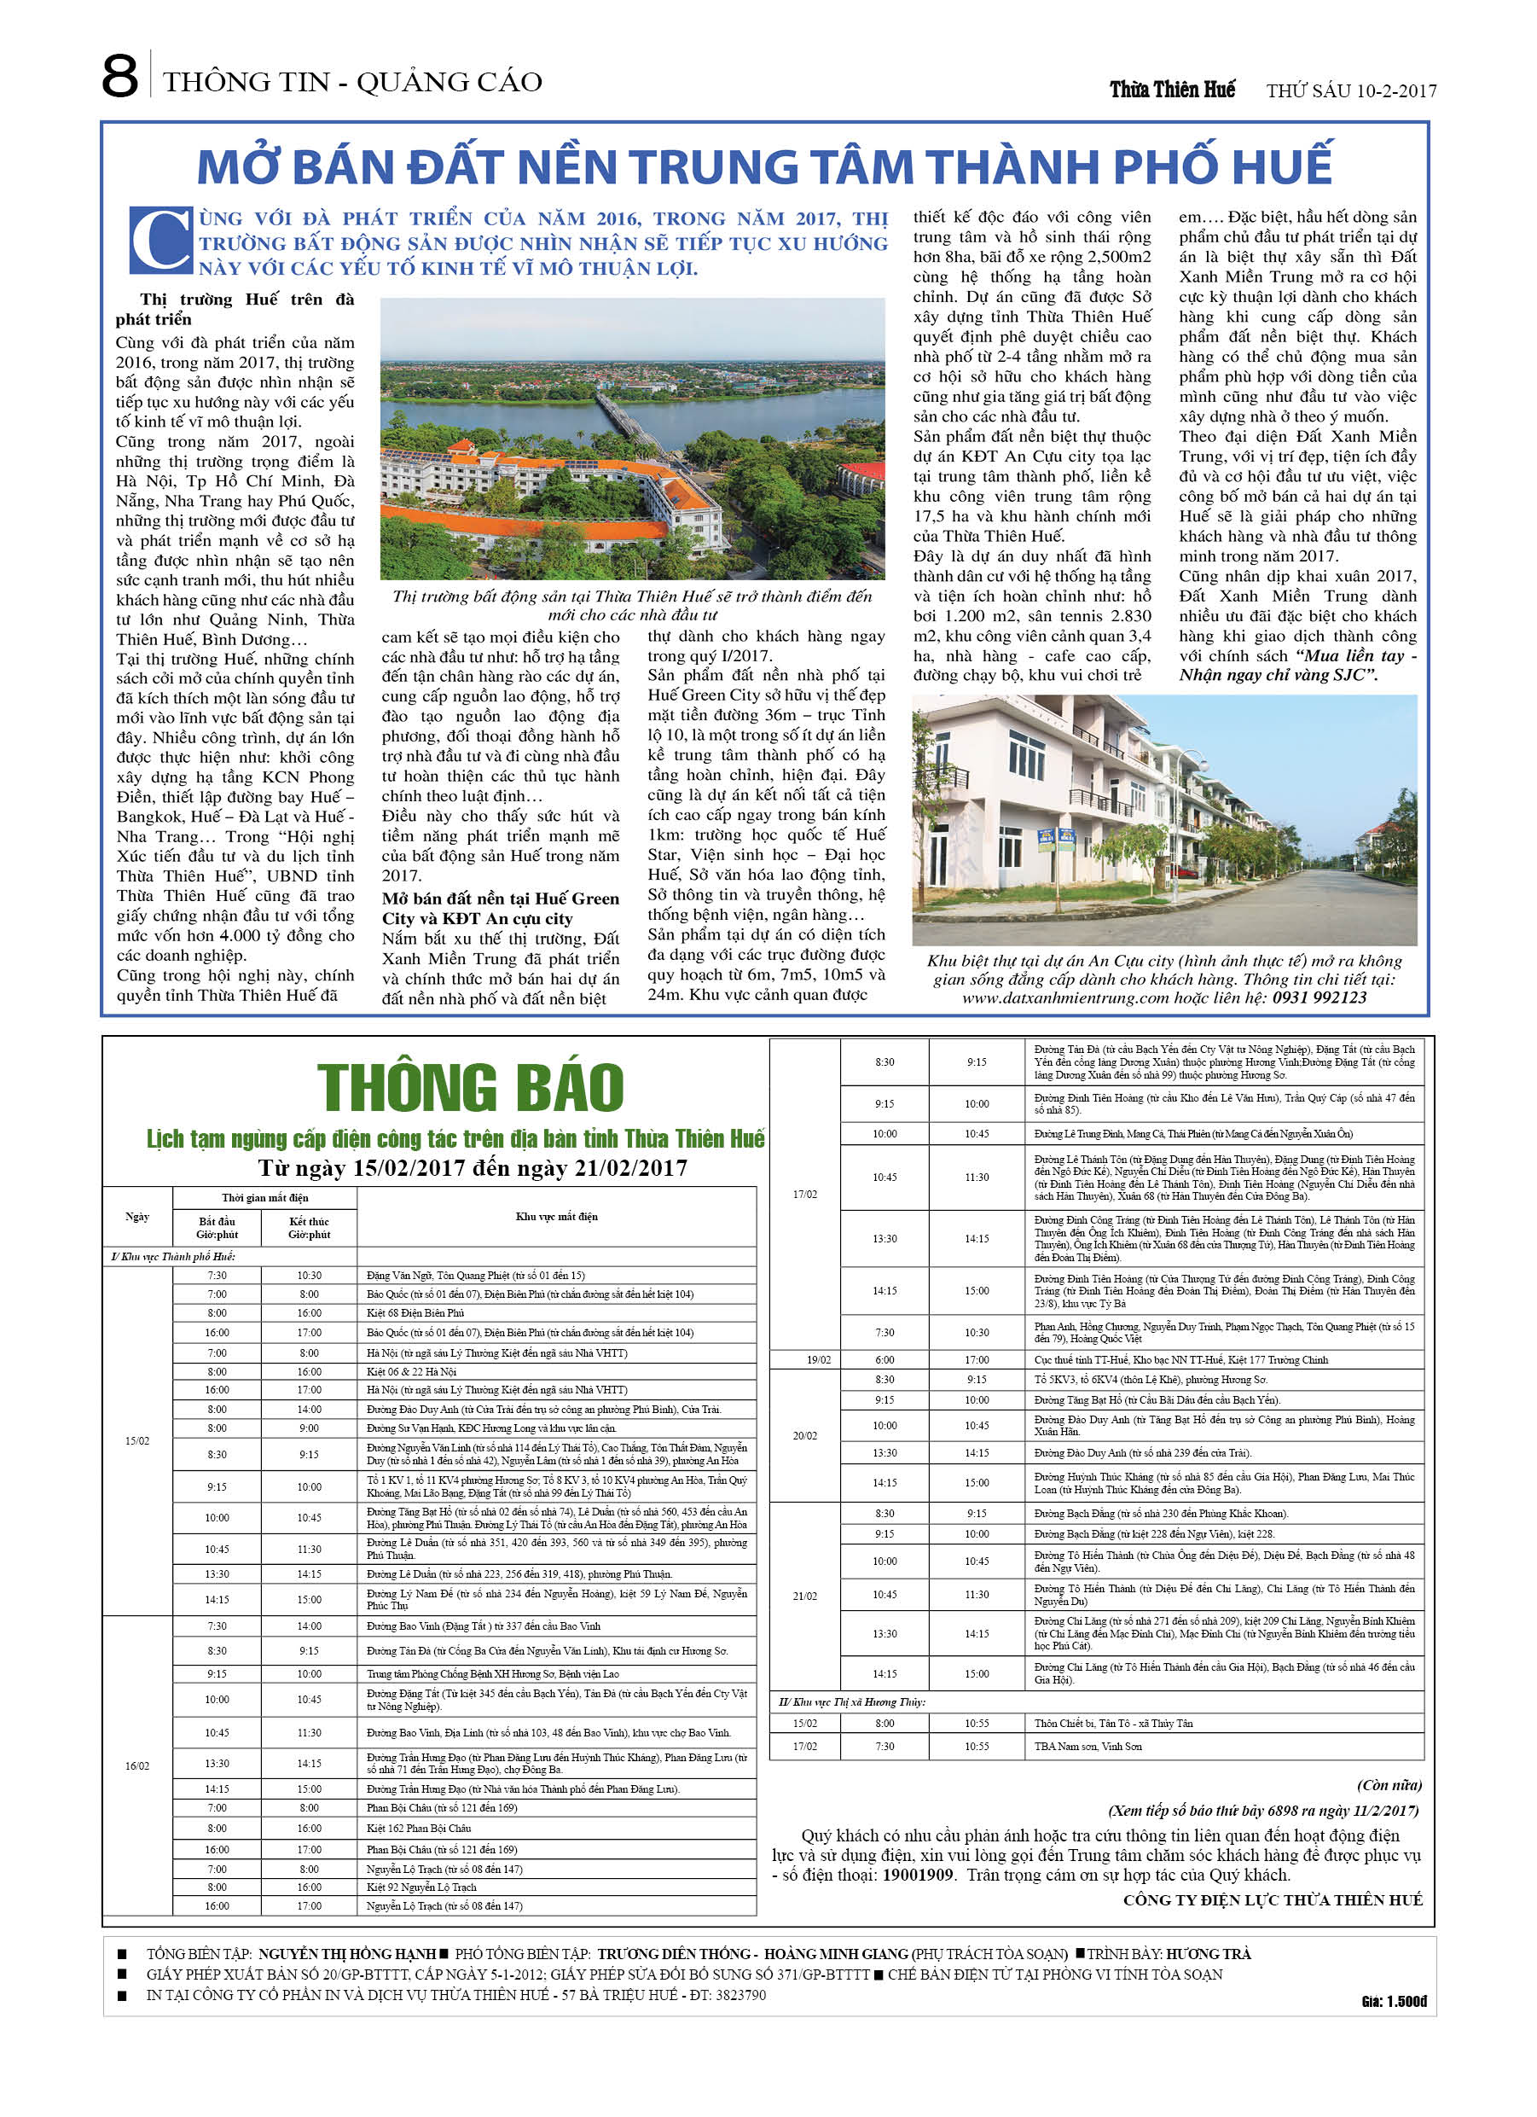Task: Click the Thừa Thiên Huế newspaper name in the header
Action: (1171, 90)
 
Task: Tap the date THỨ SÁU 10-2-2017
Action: (1350, 90)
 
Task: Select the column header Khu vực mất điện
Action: (556, 1216)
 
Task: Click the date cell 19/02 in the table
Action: (819, 1360)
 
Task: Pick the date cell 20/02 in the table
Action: (804, 1435)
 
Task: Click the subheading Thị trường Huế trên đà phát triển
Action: (235, 309)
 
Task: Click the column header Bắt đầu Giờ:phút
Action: (217, 1227)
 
